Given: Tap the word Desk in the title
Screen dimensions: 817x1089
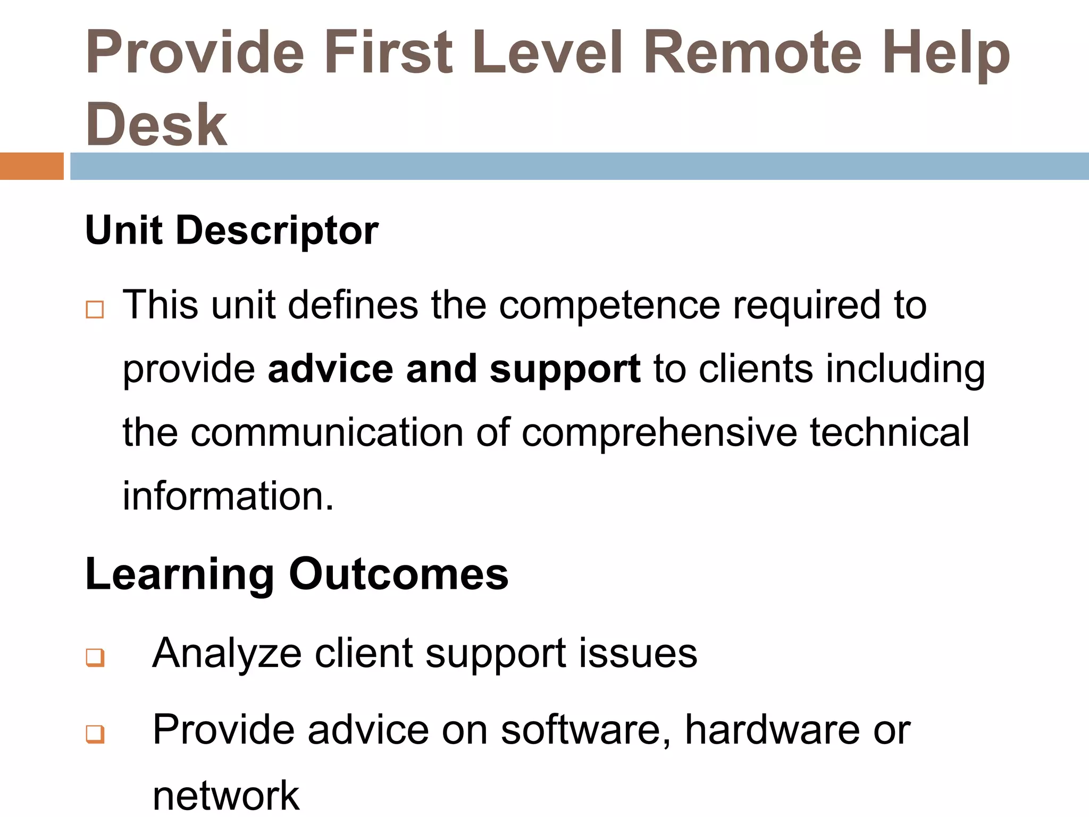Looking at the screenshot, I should pyautogui.click(x=156, y=125).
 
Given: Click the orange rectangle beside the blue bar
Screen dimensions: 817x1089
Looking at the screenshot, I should pyautogui.click(x=31, y=166).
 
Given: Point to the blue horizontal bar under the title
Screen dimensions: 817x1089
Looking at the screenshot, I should pyautogui.click(x=579, y=166).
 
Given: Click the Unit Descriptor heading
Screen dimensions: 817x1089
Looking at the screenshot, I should pyautogui.click(x=232, y=231).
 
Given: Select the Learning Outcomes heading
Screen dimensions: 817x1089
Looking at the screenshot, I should pyautogui.click(x=297, y=574).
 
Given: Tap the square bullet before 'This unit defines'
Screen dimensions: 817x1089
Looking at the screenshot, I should pyautogui.click(x=95, y=310).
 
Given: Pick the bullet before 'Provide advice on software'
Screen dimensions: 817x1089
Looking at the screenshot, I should pyautogui.click(x=95, y=734).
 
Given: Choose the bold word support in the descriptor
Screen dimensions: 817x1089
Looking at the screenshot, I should pyautogui.click(x=565, y=369).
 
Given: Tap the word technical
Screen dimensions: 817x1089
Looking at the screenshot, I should pyautogui.click(x=890, y=432).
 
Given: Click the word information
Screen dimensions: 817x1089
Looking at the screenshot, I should pyautogui.click(x=228, y=496).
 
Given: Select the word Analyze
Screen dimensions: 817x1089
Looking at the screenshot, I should pyautogui.click(x=227, y=654).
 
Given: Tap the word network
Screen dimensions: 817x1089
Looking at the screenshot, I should pyautogui.click(x=226, y=795).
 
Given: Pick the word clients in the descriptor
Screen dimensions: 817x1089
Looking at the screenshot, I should pyautogui.click(x=756, y=369).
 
